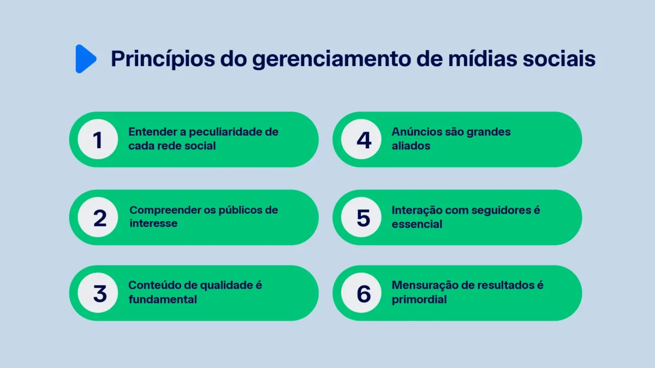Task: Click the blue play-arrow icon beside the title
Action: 86,59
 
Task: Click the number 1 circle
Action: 98,140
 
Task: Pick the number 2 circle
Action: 99,218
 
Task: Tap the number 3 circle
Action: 99,293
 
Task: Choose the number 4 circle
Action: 364,140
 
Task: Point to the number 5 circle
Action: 364,218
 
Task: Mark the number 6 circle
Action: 364,293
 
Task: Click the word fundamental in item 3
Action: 163,299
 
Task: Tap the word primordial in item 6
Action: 419,299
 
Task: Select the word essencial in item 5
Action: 417,224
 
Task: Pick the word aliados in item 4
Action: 411,146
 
